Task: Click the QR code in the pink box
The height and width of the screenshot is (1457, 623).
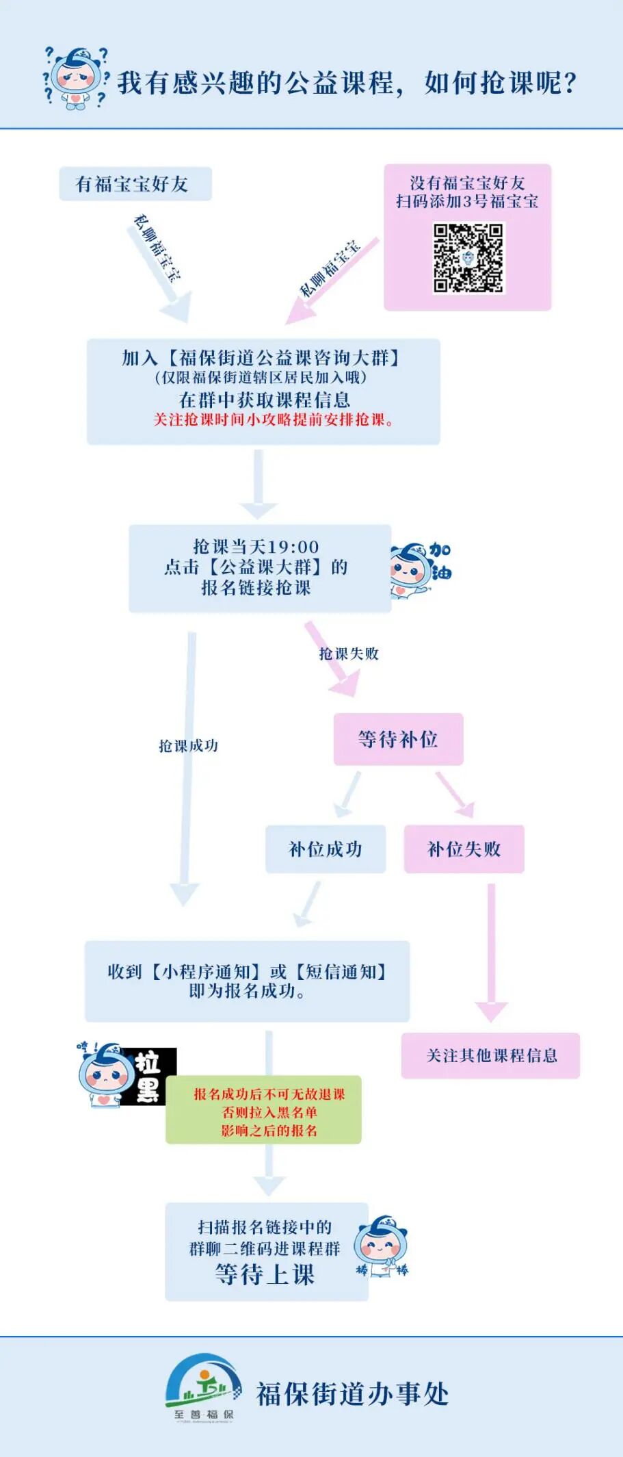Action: click(468, 258)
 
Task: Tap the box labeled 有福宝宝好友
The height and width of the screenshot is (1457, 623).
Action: click(135, 184)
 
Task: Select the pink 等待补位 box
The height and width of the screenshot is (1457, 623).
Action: click(398, 739)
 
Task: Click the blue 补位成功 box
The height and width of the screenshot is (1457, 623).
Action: click(326, 849)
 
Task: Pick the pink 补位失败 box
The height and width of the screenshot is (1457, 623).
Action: click(464, 849)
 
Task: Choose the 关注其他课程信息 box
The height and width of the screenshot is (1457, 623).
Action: click(490, 1055)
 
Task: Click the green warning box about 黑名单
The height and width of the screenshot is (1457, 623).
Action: click(263, 1112)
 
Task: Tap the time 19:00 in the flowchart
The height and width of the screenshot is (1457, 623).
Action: click(293, 547)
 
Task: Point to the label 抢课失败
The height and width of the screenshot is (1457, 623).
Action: click(349, 654)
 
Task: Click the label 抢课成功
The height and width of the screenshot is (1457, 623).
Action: click(188, 745)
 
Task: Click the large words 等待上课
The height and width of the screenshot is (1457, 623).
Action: click(265, 1274)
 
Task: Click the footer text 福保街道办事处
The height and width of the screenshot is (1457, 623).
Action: click(352, 1394)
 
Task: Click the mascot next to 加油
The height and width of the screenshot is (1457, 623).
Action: click(410, 569)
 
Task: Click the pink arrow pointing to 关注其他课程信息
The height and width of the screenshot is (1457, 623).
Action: click(491, 951)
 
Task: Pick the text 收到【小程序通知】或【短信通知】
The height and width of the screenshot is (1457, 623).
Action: click(247, 971)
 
